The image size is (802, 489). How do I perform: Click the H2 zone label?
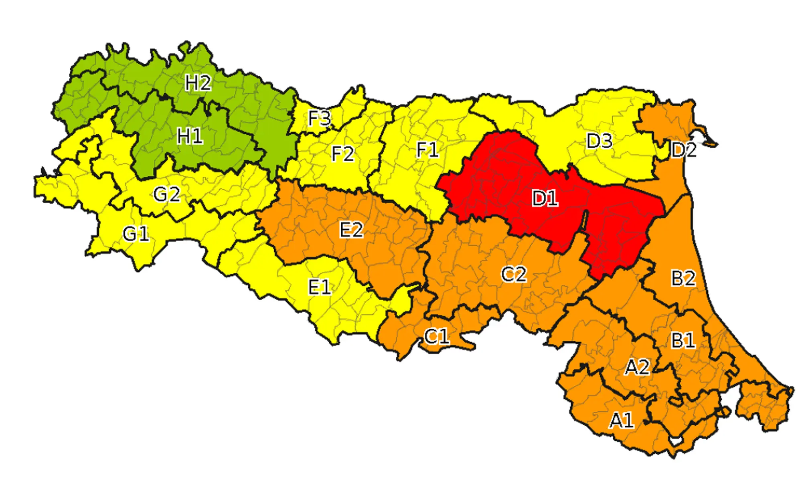[x=198, y=83]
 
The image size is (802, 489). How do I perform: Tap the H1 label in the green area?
[x=190, y=137]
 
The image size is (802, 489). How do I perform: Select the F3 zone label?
[x=319, y=118]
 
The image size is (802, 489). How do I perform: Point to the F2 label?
[x=343, y=154]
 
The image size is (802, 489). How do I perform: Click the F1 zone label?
[x=427, y=150]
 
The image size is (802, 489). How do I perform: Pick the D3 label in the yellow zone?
[x=599, y=141]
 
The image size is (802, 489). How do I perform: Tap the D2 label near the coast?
[x=684, y=150]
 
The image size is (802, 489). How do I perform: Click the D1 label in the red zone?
[x=545, y=198]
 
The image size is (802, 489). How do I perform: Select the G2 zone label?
[x=166, y=195]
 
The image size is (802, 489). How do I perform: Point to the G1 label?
[x=136, y=234]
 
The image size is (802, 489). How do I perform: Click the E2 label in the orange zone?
[x=351, y=230]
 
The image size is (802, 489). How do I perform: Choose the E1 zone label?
[x=319, y=287]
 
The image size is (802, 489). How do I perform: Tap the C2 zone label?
[x=514, y=275]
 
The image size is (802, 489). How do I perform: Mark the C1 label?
[x=436, y=337]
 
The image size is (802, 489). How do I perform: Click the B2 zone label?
[x=683, y=278]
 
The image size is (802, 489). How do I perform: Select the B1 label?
[x=683, y=341]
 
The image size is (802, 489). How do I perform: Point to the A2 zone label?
[x=637, y=367]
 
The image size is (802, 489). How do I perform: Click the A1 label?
[x=622, y=421]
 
